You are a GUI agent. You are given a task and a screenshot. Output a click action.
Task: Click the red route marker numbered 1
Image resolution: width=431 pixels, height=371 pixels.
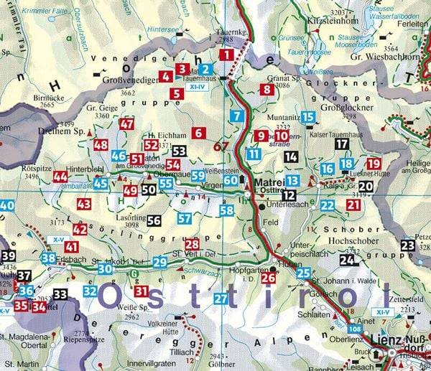click(x=228, y=55)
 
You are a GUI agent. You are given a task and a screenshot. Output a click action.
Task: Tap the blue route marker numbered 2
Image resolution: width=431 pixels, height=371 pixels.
click(x=206, y=70)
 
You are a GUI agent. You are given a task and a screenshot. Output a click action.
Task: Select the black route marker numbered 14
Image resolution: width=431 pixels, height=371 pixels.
click(x=291, y=156)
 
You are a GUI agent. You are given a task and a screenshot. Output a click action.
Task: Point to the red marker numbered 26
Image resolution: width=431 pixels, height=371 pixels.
click(x=269, y=278)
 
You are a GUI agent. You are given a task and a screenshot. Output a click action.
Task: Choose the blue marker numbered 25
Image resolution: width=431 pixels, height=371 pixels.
click(x=304, y=273)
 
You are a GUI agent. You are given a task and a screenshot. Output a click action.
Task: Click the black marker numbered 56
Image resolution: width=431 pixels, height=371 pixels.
click(x=154, y=221)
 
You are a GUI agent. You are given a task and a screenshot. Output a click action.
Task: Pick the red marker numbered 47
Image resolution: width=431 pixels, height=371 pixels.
click(x=127, y=124)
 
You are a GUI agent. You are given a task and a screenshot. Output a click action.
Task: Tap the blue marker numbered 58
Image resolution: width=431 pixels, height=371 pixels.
click(x=227, y=210)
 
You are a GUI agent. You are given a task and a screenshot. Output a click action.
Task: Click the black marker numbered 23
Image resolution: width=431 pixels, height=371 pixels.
click(x=408, y=246)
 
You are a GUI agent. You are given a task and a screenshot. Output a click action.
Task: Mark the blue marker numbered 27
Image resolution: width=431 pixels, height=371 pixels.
click(x=221, y=298)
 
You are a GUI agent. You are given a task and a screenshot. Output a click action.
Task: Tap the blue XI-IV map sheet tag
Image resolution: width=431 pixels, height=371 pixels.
click(x=195, y=86)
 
